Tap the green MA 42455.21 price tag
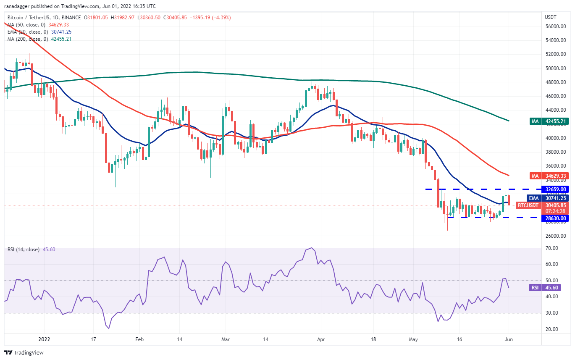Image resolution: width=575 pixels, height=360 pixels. click(550, 121)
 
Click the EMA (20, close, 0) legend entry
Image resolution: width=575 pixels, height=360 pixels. click(37, 32)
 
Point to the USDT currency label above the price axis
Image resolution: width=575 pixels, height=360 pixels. click(550, 17)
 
